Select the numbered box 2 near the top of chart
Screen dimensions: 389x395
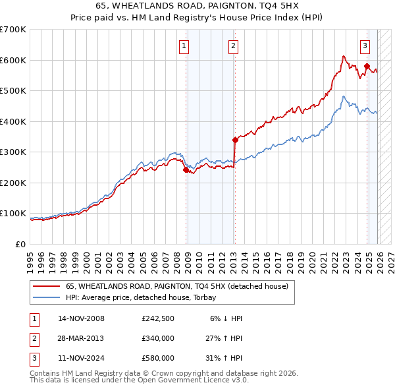[x=233, y=45]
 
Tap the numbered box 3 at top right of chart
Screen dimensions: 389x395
[x=365, y=45]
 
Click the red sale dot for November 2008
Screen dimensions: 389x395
[x=186, y=169]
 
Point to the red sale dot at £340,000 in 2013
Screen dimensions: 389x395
[x=235, y=140]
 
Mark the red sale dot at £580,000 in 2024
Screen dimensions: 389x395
[x=367, y=66]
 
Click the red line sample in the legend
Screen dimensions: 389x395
[x=46, y=287]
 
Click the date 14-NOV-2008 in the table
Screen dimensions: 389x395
[x=81, y=318]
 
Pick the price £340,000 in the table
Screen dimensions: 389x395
[x=158, y=338]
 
